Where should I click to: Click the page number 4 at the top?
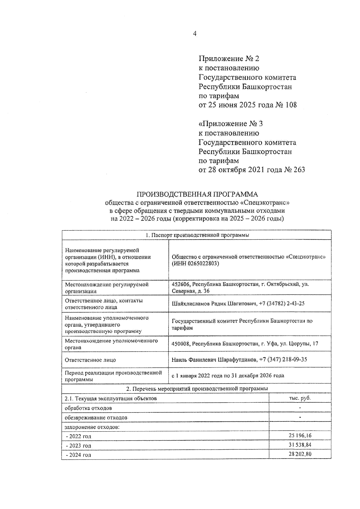195,34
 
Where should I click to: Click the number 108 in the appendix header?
290,105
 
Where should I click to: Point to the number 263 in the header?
298,170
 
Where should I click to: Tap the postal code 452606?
181,284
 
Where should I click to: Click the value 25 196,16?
300,436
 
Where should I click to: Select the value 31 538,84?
300,445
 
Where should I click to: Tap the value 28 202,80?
300,454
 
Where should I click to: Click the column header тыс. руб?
300,398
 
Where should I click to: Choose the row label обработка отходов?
88,408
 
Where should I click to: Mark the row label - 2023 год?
78,446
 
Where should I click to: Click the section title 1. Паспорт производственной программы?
197,235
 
